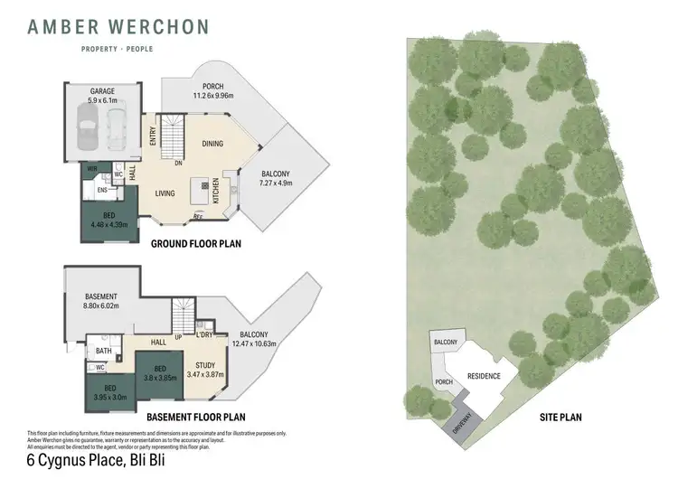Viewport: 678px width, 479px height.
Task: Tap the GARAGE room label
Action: [x=101, y=90]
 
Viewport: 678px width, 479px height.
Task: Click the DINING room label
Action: [x=212, y=144]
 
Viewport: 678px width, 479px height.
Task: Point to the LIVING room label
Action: [x=165, y=193]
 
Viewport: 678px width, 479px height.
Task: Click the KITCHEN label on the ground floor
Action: [x=216, y=191]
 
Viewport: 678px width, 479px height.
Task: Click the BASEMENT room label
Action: [x=100, y=297]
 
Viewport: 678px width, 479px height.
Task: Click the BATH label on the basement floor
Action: [x=103, y=351]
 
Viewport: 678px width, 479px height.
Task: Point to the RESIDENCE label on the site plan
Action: [x=484, y=376]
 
